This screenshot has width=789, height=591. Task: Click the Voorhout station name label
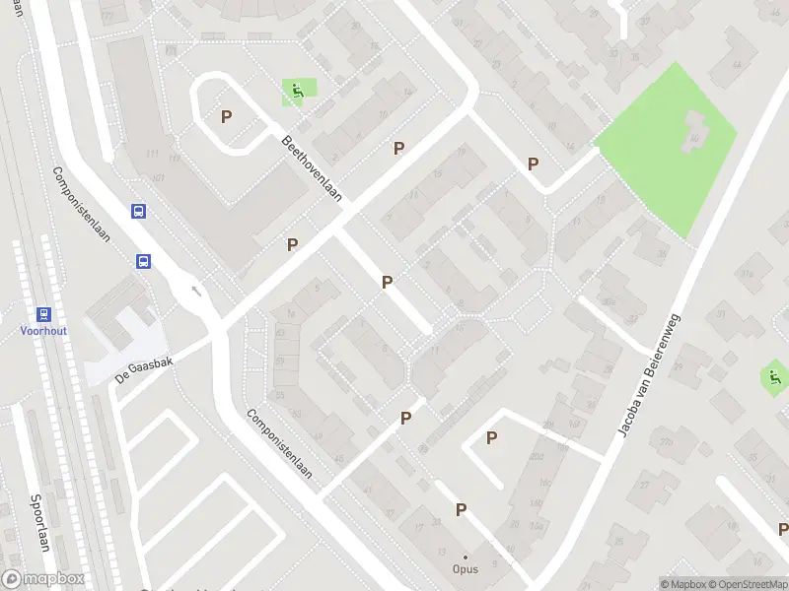(44, 331)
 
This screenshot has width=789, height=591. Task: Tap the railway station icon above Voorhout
(44, 314)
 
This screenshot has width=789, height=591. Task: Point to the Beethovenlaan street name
(312, 168)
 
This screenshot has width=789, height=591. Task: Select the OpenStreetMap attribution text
(746, 584)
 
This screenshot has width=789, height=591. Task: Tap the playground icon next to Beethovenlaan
(295, 93)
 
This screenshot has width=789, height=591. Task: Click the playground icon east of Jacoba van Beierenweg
(774, 375)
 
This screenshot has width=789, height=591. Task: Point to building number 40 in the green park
(694, 138)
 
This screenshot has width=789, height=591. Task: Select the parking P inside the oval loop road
(226, 116)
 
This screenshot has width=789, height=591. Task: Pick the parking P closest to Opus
(461, 509)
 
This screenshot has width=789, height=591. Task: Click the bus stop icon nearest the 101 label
(139, 211)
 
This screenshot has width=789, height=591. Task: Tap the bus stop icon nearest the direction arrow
(144, 261)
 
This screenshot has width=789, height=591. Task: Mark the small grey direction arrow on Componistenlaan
(195, 290)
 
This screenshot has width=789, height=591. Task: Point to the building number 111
(151, 155)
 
